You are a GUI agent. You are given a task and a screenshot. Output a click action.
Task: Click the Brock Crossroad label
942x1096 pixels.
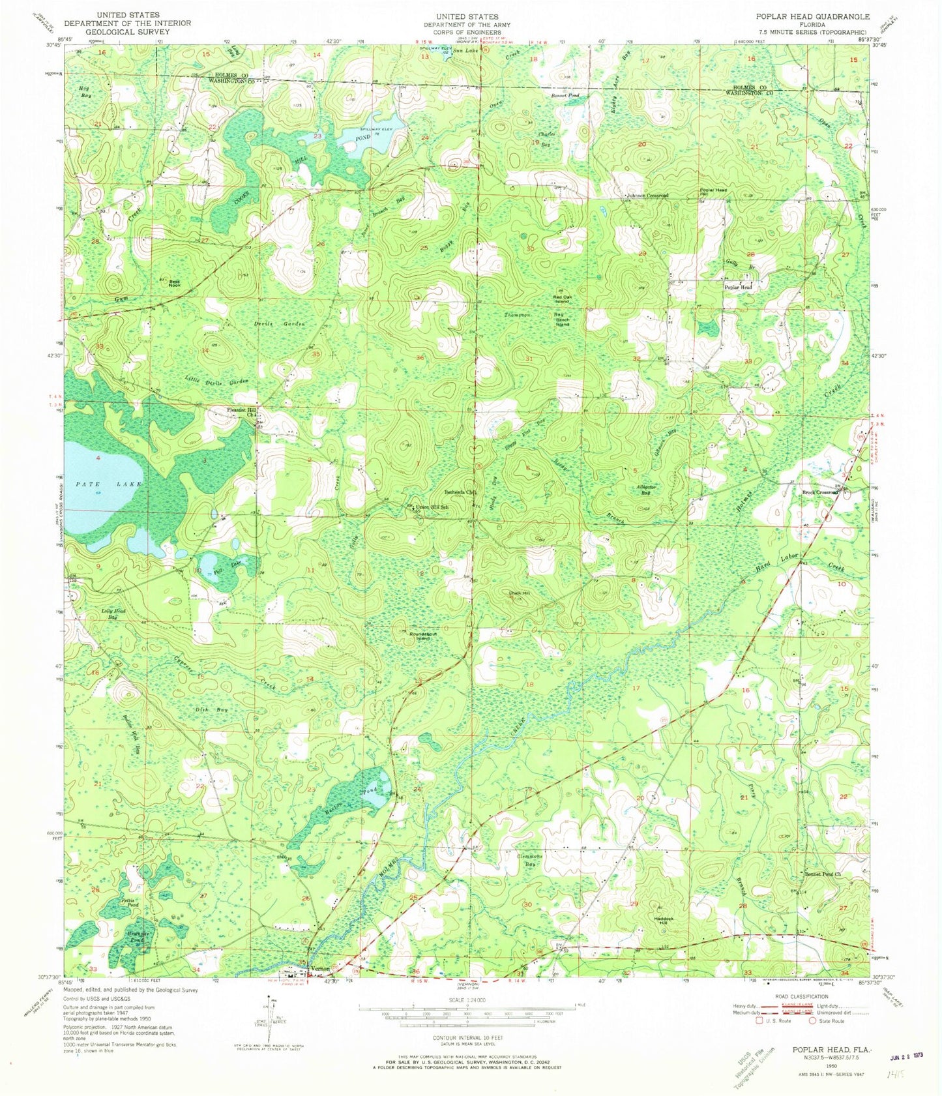(x=820, y=493)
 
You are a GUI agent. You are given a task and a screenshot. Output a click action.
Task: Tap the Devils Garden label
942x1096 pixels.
(x=282, y=324)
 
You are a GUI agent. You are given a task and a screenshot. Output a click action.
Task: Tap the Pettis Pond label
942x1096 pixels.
(x=130, y=902)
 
